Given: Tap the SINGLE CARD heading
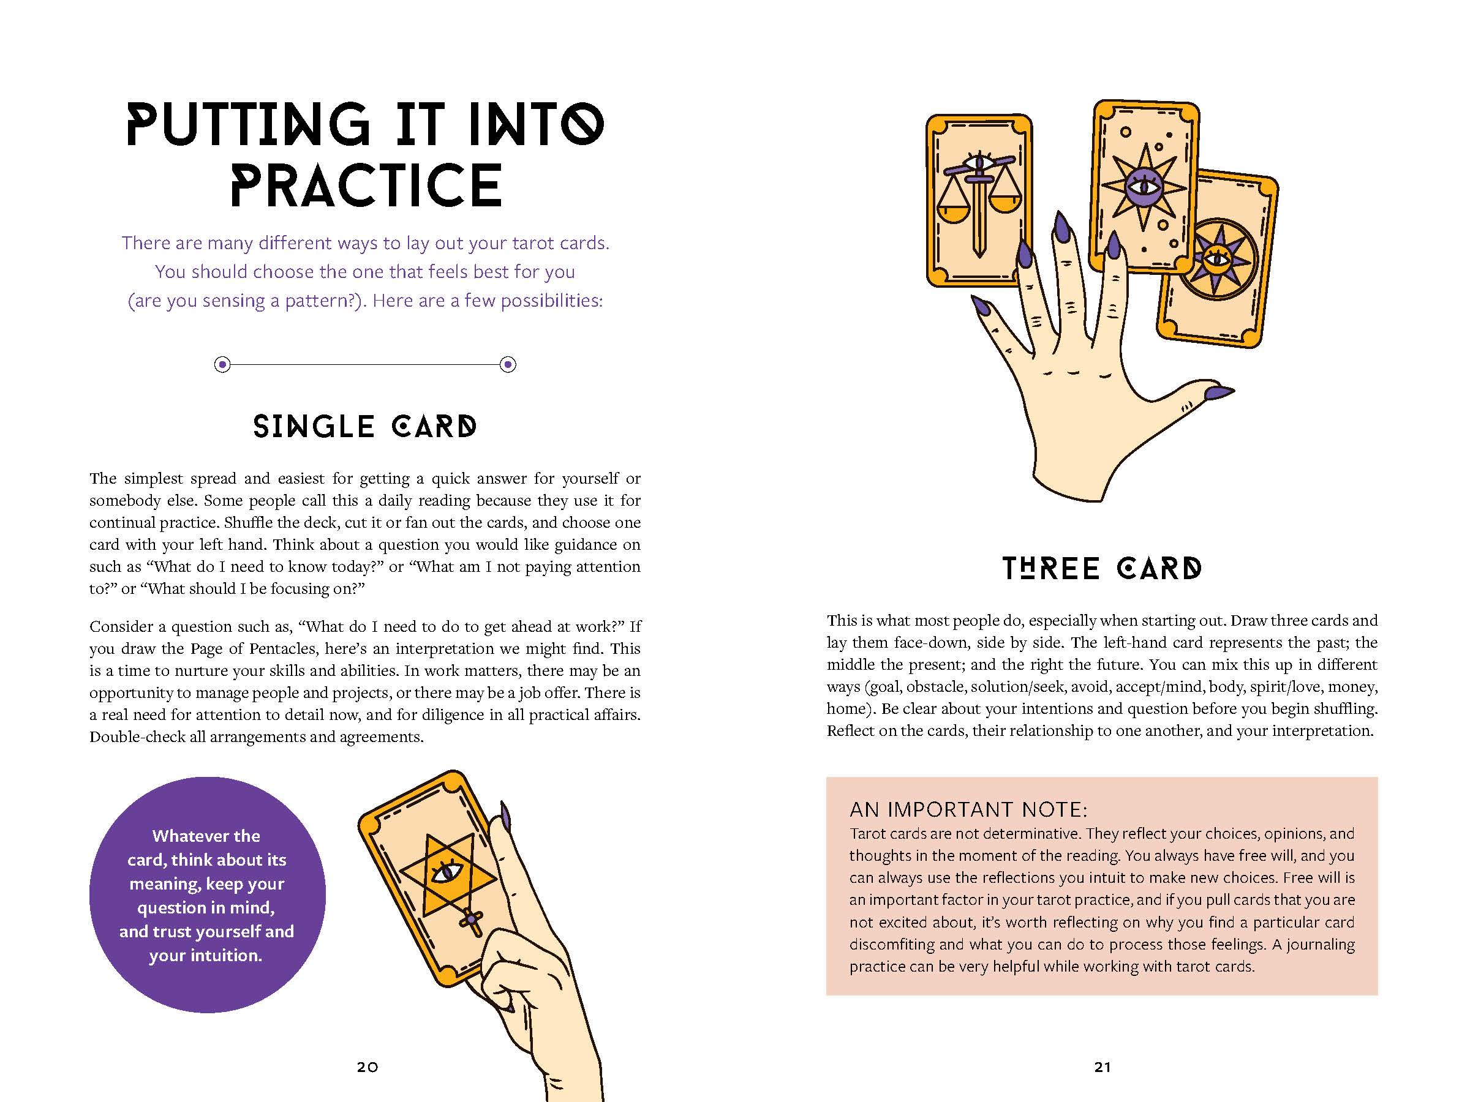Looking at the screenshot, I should click(365, 427).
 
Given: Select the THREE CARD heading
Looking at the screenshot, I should click(1102, 569).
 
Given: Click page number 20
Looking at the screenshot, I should click(367, 1066).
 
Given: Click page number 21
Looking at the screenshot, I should click(1102, 1066).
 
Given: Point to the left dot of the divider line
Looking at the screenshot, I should click(222, 364).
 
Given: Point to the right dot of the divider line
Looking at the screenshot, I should click(508, 364).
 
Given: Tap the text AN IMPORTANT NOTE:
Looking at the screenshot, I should click(968, 809).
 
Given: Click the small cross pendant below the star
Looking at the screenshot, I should click(472, 921).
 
